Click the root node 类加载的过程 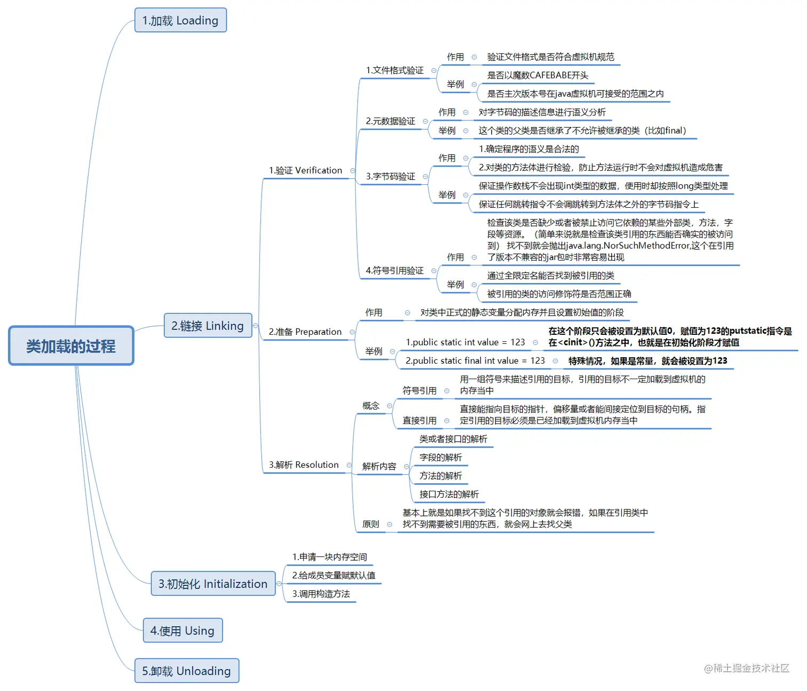(x=71, y=346)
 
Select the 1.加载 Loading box (x=180, y=20)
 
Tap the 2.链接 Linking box (x=208, y=326)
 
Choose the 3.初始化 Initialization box (x=213, y=584)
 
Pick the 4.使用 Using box (x=183, y=631)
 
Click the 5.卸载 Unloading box (x=186, y=671)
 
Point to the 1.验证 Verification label (x=305, y=170)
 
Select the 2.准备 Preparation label (x=305, y=332)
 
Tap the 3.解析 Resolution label (x=304, y=465)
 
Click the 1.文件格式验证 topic (x=394, y=70)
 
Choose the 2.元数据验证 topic (x=390, y=121)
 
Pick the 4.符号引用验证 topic (x=394, y=271)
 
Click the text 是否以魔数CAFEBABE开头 (x=537, y=75)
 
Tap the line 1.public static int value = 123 (x=465, y=342)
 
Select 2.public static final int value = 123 (x=475, y=361)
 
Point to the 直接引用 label (x=420, y=421)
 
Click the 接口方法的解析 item (x=449, y=494)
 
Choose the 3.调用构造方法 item (x=321, y=594)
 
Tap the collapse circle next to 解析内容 (x=406, y=466)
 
